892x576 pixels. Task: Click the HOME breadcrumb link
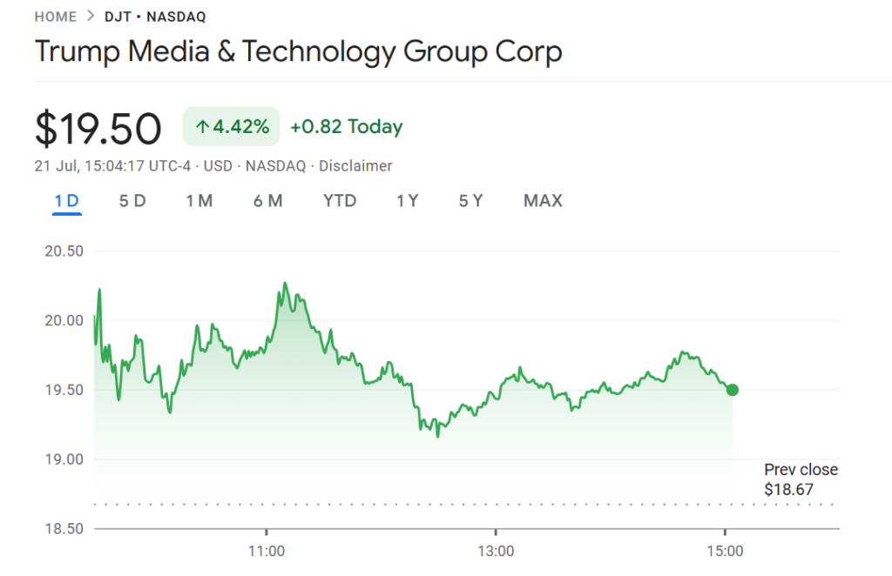point(55,17)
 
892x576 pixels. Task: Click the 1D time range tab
point(66,200)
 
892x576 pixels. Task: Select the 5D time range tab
point(132,200)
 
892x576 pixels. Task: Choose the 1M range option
point(199,200)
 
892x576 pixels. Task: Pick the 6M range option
point(268,200)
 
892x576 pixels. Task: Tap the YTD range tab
point(340,200)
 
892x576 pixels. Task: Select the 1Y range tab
point(408,200)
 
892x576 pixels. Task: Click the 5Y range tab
point(471,200)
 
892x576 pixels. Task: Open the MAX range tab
point(543,200)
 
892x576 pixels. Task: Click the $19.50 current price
point(98,129)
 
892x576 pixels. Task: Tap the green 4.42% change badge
point(231,126)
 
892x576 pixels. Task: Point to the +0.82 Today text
point(347,126)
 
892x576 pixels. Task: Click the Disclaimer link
point(355,166)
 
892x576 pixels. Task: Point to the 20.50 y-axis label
point(64,251)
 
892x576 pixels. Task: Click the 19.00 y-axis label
point(64,459)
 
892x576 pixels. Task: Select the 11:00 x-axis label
point(267,551)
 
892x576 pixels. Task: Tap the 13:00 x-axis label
point(496,551)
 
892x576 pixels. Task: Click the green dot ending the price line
point(733,390)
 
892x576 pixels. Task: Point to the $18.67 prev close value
point(788,489)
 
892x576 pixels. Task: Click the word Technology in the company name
point(319,51)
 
